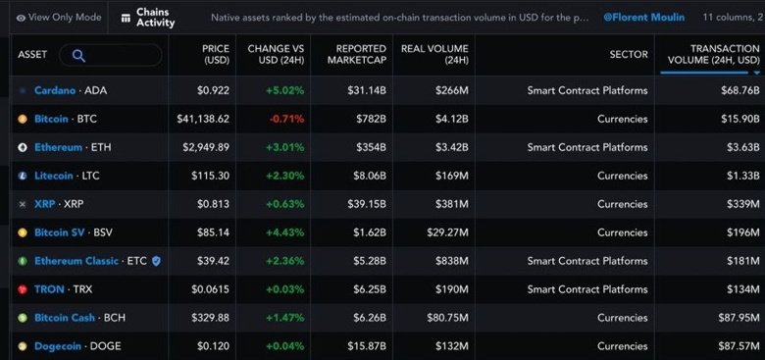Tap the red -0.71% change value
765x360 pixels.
286,119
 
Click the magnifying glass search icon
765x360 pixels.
78,56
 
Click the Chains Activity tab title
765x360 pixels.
155,18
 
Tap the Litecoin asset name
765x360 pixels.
55,176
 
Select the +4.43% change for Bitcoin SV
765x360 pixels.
283,232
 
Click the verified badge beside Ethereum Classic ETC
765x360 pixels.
156,261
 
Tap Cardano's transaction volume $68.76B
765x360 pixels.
735,90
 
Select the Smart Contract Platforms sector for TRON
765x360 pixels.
587,289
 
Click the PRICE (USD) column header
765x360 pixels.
215,55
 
